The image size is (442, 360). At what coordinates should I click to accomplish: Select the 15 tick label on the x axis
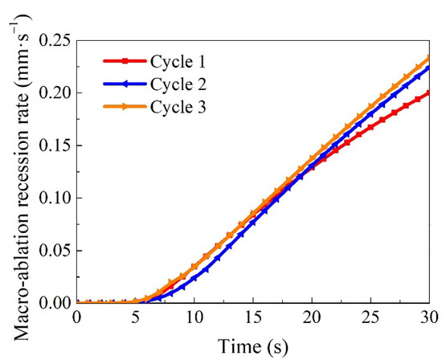(252, 317)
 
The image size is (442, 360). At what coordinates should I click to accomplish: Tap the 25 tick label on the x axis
(370, 317)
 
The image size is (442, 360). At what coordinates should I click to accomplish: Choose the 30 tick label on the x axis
(429, 317)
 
